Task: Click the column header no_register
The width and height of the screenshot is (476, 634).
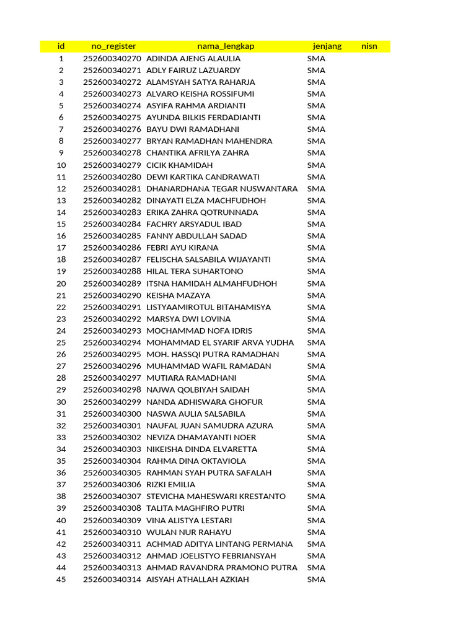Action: pos(113,46)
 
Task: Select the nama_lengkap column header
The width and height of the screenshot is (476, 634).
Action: pos(226,46)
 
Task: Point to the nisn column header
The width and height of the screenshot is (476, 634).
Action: pos(369,46)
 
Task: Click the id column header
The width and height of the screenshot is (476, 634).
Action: pos(61,46)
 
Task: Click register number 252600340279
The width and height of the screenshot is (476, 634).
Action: pos(112,165)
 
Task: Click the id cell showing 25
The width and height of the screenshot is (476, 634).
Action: pos(61,342)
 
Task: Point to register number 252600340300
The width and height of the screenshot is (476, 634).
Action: pos(112,414)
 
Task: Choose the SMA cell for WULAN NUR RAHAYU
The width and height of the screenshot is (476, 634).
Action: pos(316,532)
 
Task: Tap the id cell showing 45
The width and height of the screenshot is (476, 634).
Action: pos(61,580)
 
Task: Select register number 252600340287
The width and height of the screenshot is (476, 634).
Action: pos(112,259)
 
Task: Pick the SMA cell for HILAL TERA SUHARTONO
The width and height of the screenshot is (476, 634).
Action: pos(316,271)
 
